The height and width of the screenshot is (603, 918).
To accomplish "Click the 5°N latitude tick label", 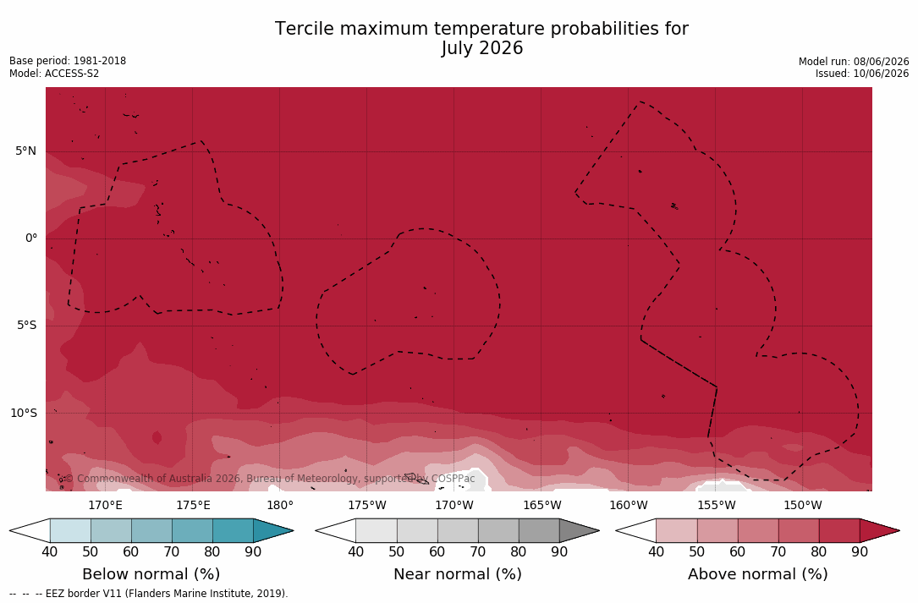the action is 25,151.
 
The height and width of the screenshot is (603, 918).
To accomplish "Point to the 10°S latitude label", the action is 24,414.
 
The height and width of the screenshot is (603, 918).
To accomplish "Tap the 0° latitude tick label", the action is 31,238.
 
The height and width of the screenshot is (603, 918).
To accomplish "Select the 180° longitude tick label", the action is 280,505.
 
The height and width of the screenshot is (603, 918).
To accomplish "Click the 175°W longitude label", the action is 367,505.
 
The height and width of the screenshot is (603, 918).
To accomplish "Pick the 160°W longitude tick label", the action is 628,505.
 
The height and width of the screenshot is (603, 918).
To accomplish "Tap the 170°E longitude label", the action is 106,505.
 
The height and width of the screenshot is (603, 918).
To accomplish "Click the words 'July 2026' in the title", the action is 481,48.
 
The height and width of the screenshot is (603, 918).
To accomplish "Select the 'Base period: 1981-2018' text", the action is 68,61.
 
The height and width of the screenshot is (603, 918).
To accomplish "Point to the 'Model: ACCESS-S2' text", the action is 54,74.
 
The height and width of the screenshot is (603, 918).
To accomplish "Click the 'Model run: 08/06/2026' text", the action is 854,62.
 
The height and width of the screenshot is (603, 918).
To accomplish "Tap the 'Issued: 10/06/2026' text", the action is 862,74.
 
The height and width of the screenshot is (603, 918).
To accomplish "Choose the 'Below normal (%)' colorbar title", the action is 151,573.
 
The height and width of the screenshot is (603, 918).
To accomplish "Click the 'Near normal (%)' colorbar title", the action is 457,573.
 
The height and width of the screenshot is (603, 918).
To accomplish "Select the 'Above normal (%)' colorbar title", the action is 757,573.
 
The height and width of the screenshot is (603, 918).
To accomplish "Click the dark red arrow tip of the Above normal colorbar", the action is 899,531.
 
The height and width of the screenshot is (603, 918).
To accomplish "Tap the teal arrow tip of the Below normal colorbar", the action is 292,531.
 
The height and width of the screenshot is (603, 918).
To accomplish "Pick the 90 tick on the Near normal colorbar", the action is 559,551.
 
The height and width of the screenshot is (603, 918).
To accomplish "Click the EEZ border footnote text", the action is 149,594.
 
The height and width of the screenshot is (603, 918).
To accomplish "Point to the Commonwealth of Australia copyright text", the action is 267,479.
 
